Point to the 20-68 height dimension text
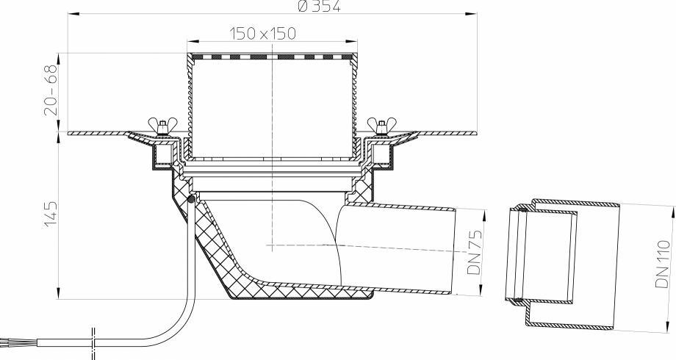pos(51,90)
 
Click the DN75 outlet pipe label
pos(473,251)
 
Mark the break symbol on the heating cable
pos(93,342)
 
